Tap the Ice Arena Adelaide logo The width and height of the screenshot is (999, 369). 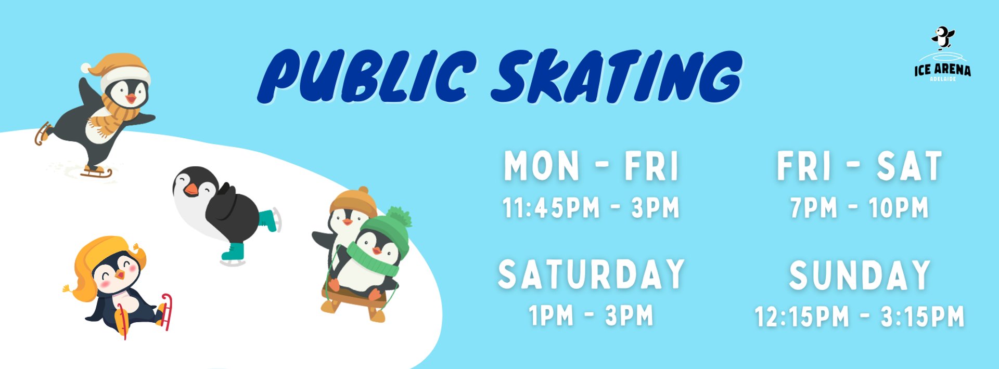[x=942, y=54]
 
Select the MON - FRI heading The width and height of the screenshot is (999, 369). [x=592, y=166]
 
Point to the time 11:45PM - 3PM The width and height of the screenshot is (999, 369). [x=591, y=208]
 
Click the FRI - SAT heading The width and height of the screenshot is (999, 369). [x=859, y=166]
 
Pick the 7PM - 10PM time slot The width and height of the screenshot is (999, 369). [x=859, y=208]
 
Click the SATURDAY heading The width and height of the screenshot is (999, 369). [x=591, y=274]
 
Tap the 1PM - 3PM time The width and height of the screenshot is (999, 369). [x=591, y=315]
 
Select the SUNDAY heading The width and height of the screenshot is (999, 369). [x=860, y=275]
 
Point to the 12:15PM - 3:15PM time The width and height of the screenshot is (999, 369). [x=860, y=317]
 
